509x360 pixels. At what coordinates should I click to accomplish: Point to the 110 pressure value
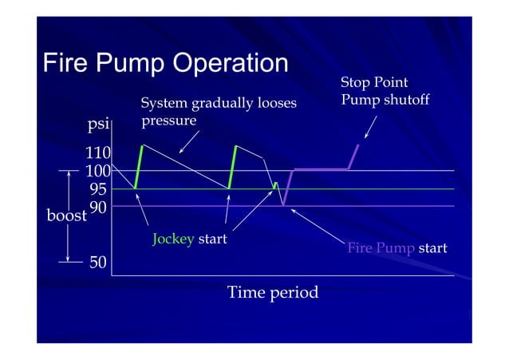pos(98,152)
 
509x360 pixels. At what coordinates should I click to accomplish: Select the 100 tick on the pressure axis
pos(98,171)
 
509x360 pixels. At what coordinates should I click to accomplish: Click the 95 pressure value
pos(98,189)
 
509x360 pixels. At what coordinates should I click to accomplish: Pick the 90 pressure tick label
pos(98,206)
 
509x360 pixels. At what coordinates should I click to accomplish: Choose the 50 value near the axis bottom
pos(98,262)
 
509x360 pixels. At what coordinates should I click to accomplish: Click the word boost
pos(67,216)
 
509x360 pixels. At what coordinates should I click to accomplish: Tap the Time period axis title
pos(273,292)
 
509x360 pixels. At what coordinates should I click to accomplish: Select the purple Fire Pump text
pos(381,248)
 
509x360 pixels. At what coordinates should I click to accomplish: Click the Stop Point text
pos(373,83)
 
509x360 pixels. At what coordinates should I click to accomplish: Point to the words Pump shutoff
pos(385,100)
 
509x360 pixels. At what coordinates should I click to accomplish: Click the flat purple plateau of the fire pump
pos(322,168)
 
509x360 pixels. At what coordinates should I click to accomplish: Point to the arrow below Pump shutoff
pos(371,127)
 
